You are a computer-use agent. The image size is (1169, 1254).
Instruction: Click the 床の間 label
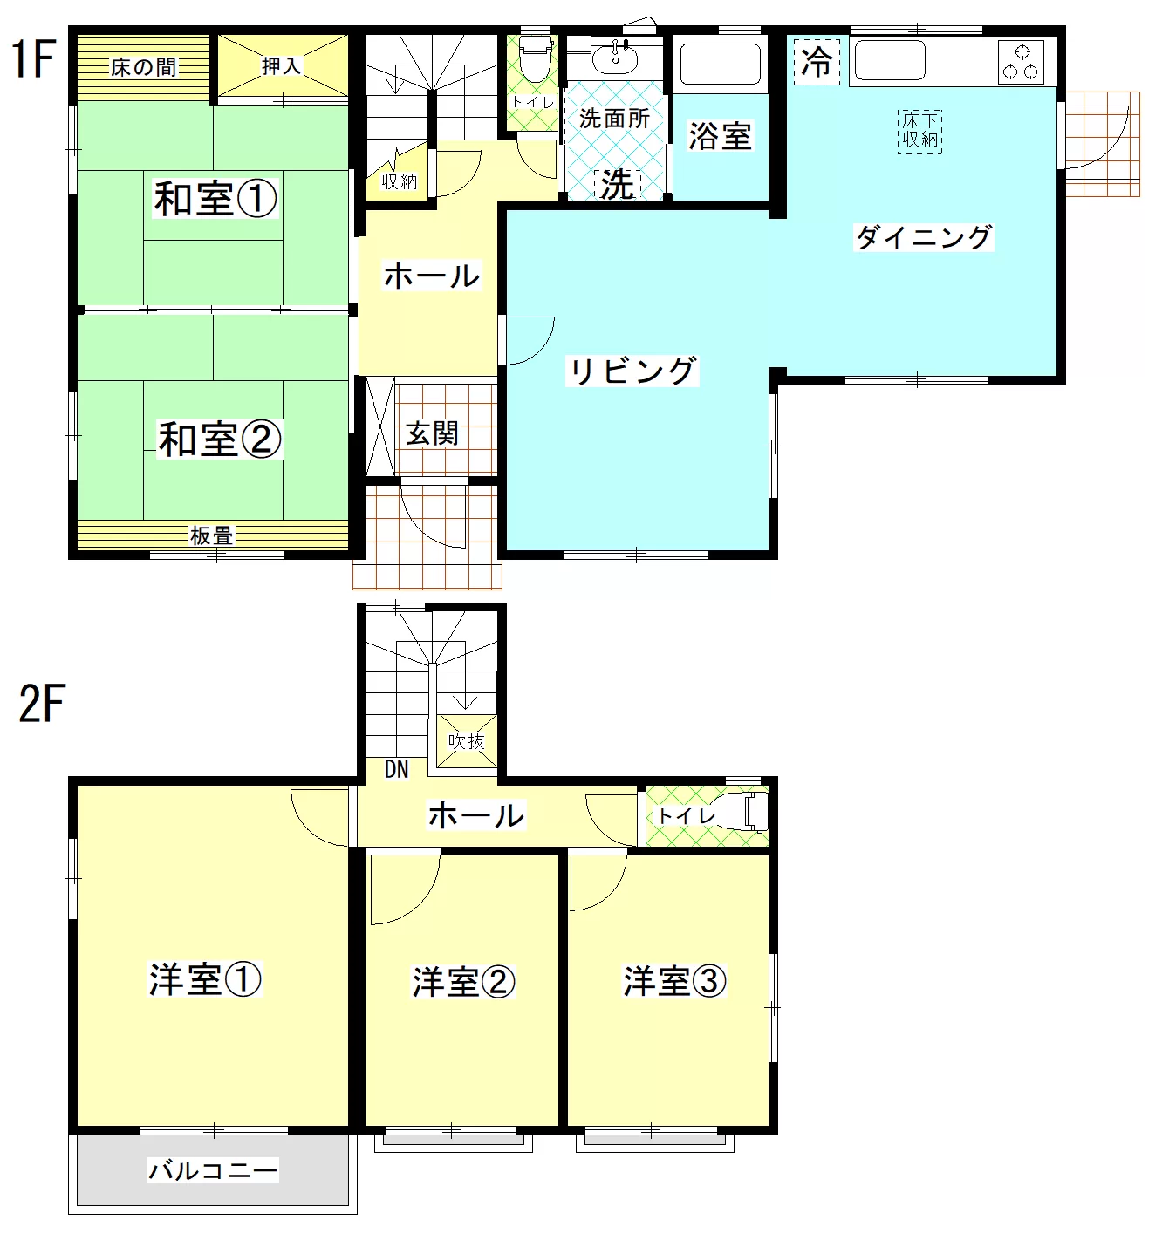click(x=143, y=67)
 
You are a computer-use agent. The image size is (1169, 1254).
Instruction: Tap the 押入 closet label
click(x=281, y=65)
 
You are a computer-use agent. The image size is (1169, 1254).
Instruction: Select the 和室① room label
click(x=215, y=198)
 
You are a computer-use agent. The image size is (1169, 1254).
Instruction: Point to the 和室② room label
click(x=219, y=439)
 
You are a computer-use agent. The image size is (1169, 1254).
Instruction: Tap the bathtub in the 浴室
click(x=720, y=64)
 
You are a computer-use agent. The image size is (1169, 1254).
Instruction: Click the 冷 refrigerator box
click(x=817, y=61)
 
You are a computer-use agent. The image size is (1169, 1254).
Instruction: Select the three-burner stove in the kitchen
click(x=1020, y=62)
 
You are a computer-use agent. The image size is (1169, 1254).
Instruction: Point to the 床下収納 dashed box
click(x=919, y=132)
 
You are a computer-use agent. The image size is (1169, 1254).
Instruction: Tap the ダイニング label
click(x=923, y=237)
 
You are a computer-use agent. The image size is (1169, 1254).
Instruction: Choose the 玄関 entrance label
click(x=432, y=433)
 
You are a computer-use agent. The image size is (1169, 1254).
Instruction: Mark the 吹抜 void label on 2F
click(x=467, y=741)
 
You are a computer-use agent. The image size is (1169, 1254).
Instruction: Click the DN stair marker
click(x=396, y=770)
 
